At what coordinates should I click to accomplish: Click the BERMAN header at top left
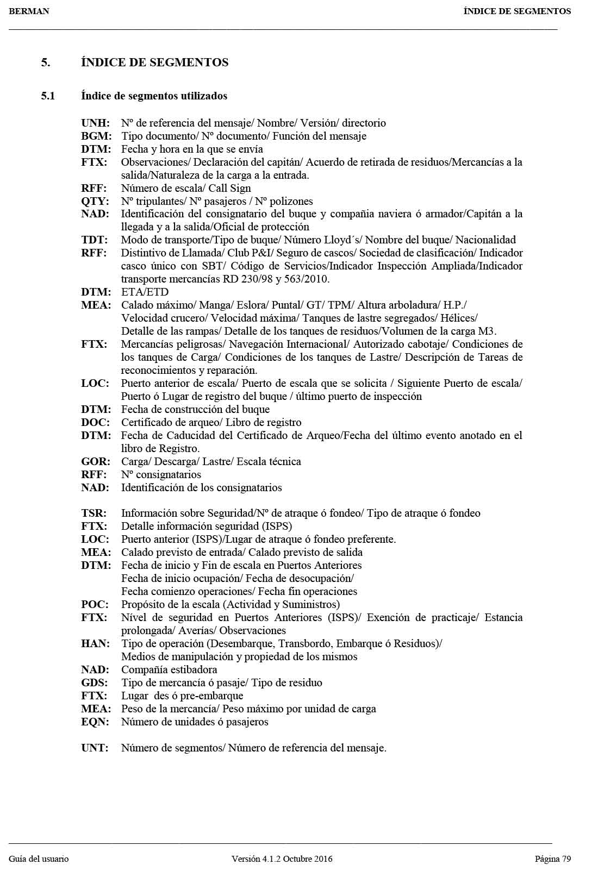[x=29, y=11]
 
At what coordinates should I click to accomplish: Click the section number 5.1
[x=48, y=96]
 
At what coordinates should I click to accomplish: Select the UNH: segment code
[x=96, y=123]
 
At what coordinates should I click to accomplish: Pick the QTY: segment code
[x=95, y=202]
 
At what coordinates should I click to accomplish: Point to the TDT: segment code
[x=95, y=240]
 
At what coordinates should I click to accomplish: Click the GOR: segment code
[x=96, y=462]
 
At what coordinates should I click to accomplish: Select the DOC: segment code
[x=96, y=423]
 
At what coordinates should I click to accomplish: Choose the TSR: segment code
[x=94, y=513]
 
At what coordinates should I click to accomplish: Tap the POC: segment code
[x=95, y=605]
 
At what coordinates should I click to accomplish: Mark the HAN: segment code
[x=95, y=644]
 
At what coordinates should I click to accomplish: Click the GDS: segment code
[x=95, y=683]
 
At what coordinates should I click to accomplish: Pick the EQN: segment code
[x=95, y=722]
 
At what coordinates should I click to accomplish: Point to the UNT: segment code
[x=95, y=748]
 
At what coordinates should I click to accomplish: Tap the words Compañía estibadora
[x=169, y=670]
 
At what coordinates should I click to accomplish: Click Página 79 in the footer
[x=553, y=859]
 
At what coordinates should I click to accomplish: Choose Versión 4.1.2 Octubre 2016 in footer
[x=282, y=859]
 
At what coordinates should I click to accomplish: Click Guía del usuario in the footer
[x=39, y=859]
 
